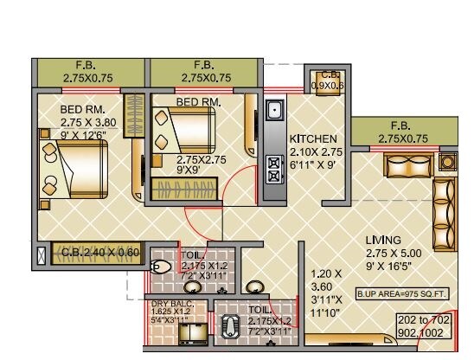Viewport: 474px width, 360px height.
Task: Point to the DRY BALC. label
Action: pos(169,305)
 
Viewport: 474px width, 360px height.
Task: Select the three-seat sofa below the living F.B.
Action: pos(407,164)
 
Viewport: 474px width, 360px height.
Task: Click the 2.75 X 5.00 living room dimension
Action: pos(391,254)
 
